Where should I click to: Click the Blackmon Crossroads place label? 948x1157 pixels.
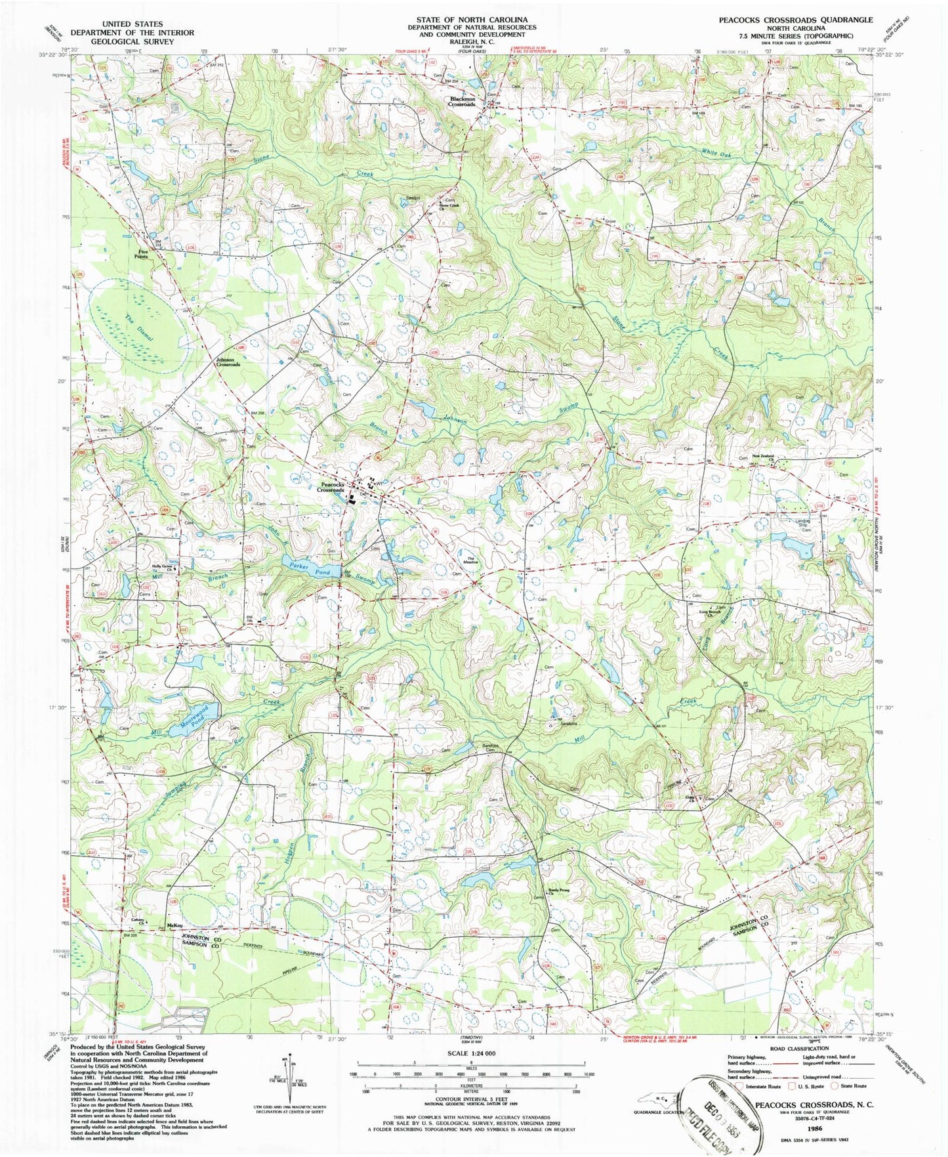(x=463, y=102)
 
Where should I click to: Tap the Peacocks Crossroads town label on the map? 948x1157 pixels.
(x=331, y=487)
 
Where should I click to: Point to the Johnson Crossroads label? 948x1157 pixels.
(x=228, y=362)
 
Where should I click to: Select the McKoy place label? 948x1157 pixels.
(x=175, y=925)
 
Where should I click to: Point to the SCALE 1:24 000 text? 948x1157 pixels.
(x=468, y=1062)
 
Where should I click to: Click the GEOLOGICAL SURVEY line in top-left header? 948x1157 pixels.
(x=123, y=41)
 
